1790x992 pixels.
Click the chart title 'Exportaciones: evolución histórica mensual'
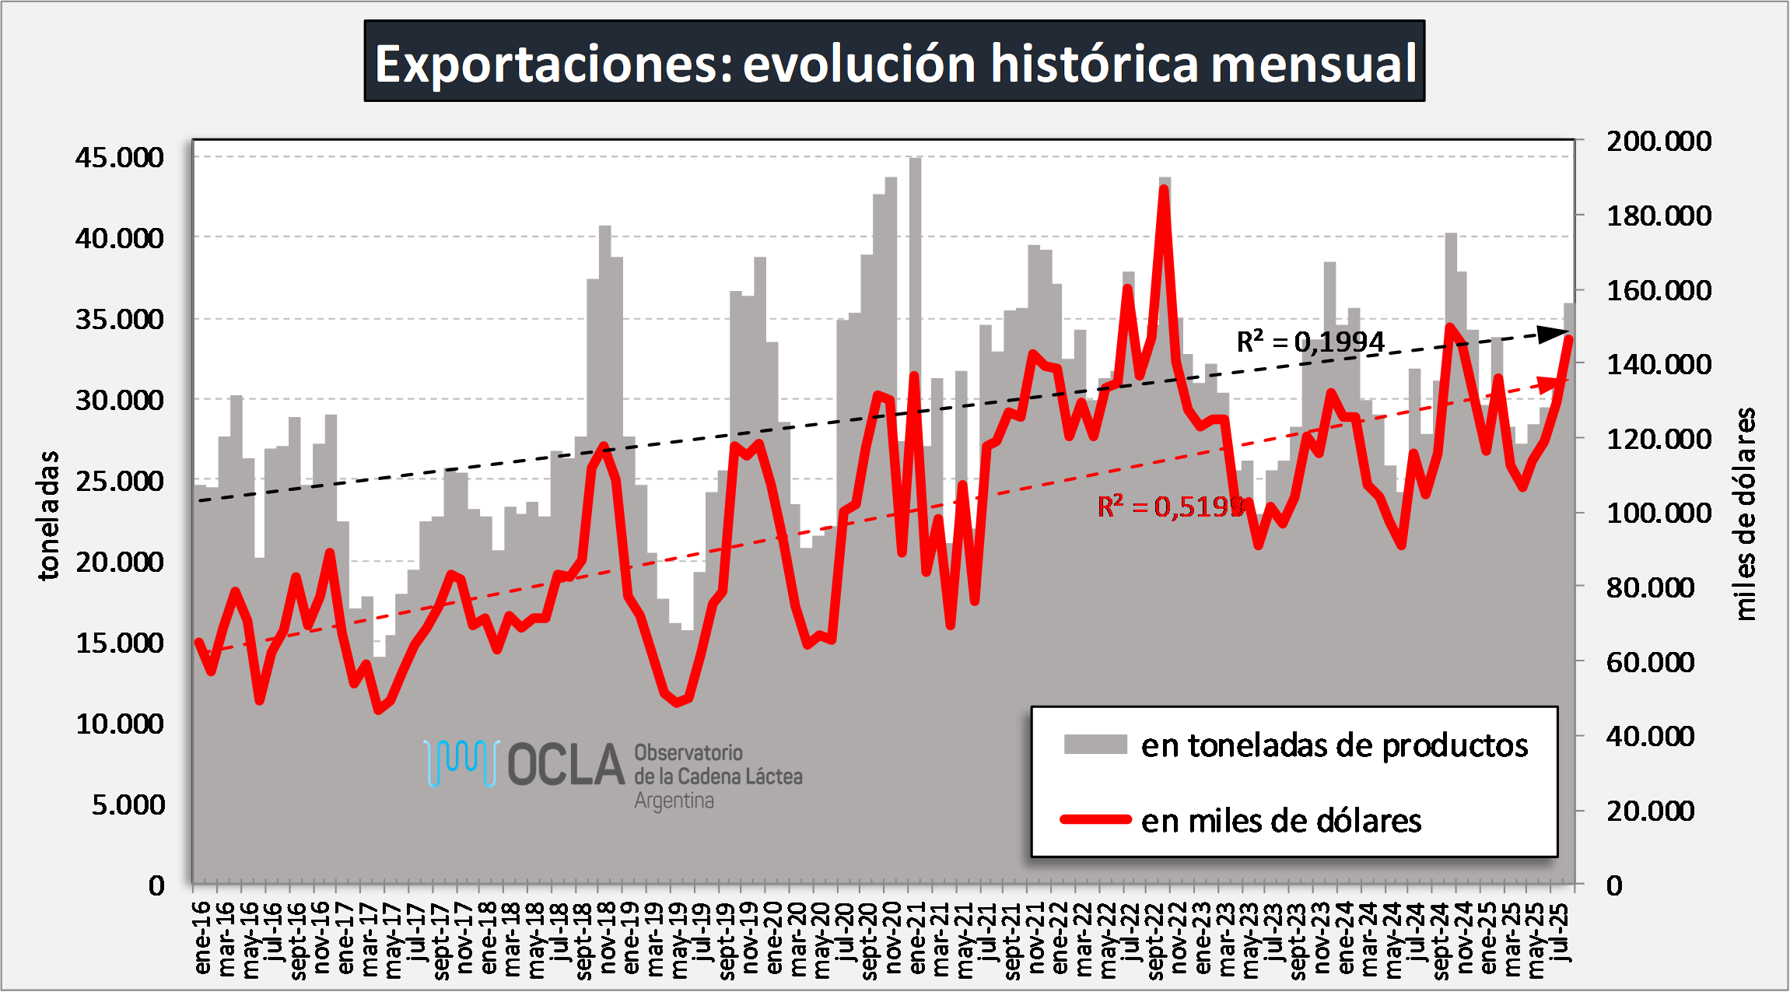click(x=895, y=62)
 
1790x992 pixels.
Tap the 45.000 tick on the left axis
click(x=120, y=157)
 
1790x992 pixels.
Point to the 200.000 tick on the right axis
click(x=1659, y=141)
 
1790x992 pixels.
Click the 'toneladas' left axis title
click(x=48, y=515)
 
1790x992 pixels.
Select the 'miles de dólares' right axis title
click(x=1746, y=514)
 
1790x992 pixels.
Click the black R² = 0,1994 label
click(x=1310, y=342)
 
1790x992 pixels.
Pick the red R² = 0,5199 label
click(x=1170, y=507)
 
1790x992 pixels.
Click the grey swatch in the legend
click(x=1095, y=745)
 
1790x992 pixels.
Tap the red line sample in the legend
click(x=1095, y=819)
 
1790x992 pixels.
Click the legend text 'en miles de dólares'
click(x=1280, y=821)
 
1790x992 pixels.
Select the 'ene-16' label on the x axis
click(x=202, y=937)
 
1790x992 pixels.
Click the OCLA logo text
click(x=566, y=765)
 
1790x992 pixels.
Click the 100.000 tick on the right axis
click(x=1659, y=513)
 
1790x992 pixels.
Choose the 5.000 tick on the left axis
click(x=128, y=804)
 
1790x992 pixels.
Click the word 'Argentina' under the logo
click(x=674, y=801)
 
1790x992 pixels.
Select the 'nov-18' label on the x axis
click(x=608, y=937)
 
